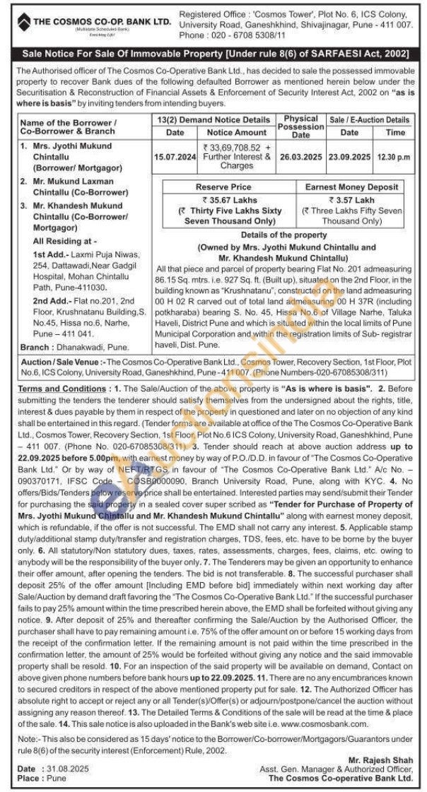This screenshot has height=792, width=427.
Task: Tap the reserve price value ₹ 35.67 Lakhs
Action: click(x=223, y=200)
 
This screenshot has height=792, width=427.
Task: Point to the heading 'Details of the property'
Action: click(x=283, y=235)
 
